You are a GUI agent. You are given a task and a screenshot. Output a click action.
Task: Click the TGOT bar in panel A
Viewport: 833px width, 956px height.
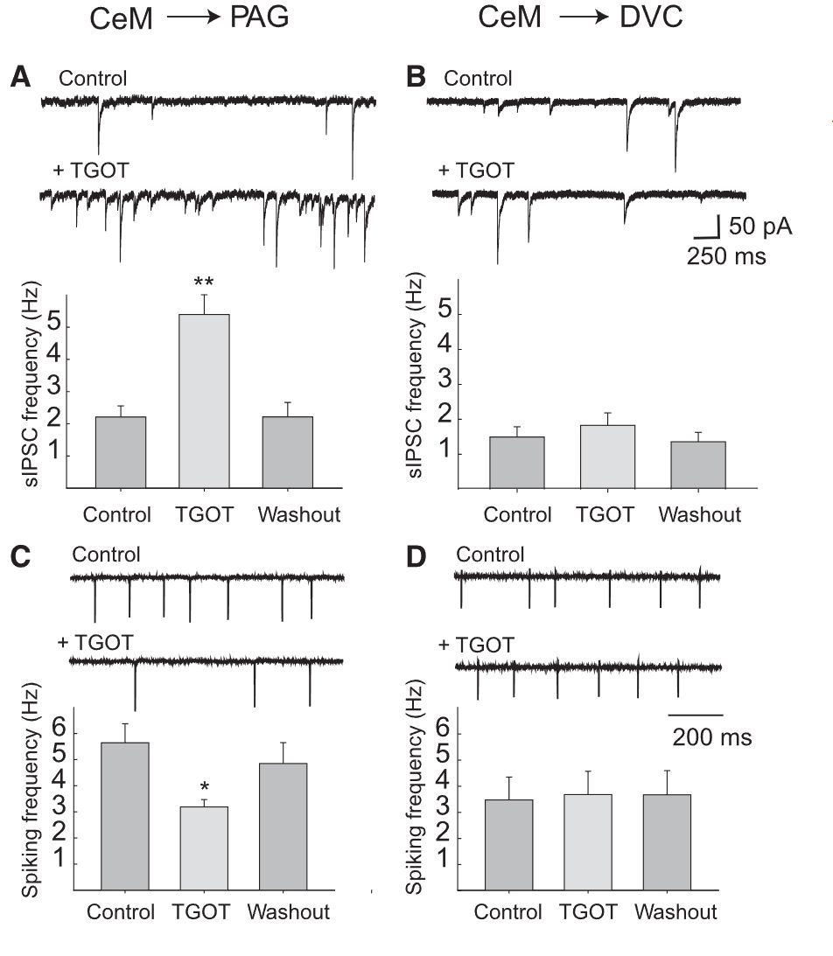tap(204, 400)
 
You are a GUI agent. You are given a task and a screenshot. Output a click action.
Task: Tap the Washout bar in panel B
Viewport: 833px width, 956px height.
tap(701, 464)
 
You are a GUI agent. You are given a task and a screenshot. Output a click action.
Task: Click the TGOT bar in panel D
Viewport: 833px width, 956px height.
tap(587, 841)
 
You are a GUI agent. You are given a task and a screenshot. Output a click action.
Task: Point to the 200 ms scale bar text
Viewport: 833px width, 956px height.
tap(711, 737)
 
